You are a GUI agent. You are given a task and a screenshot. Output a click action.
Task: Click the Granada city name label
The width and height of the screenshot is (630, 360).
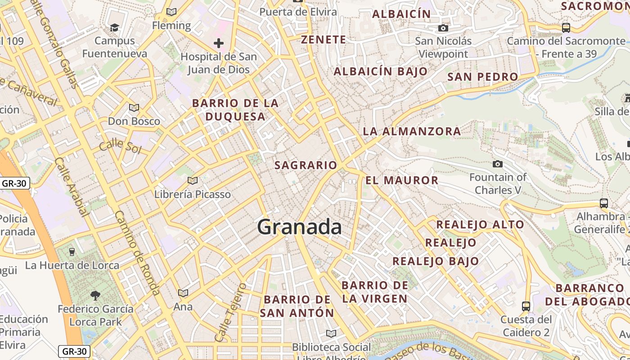click(x=299, y=227)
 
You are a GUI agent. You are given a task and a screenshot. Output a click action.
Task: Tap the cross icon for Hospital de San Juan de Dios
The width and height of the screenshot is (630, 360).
click(x=219, y=43)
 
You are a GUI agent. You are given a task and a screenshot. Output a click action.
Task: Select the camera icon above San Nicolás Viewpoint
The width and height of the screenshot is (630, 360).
click(x=443, y=28)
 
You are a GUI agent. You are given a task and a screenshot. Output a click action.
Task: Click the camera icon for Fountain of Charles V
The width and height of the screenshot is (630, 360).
click(x=498, y=164)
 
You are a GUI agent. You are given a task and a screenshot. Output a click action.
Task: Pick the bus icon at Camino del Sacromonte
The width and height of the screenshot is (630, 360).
click(x=566, y=27)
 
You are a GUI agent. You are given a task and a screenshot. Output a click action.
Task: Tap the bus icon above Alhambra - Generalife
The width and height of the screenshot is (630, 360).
click(x=604, y=203)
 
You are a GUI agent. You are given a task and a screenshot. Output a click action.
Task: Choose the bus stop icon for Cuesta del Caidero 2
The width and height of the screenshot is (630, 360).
click(x=526, y=306)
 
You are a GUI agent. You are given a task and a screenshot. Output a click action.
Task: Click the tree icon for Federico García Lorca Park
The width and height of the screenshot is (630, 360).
click(x=95, y=295)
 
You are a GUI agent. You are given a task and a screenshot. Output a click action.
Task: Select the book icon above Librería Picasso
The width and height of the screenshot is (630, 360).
click(x=193, y=181)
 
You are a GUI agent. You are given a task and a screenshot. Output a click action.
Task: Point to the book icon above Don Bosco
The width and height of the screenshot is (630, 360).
click(x=134, y=108)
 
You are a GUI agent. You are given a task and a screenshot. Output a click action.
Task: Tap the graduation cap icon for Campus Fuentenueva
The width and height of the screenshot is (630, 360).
click(x=114, y=28)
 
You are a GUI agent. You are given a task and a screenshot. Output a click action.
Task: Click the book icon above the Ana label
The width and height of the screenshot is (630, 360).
click(x=183, y=293)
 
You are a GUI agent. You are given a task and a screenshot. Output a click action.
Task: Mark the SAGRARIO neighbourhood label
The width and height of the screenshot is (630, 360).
click(x=306, y=165)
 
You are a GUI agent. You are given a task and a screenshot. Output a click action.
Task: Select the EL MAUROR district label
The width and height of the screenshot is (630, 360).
click(x=401, y=180)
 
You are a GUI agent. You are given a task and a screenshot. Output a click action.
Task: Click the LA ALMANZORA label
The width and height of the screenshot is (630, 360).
click(x=412, y=131)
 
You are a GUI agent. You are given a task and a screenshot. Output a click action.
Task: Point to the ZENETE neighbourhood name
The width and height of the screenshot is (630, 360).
click(x=324, y=40)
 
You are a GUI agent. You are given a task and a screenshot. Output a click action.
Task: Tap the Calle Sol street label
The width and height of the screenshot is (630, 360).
click(x=120, y=147)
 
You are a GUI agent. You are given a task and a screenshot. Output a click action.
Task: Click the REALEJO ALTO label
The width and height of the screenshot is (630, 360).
click(x=480, y=224)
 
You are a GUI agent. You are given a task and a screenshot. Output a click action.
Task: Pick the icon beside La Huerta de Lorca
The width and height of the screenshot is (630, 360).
click(x=72, y=252)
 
